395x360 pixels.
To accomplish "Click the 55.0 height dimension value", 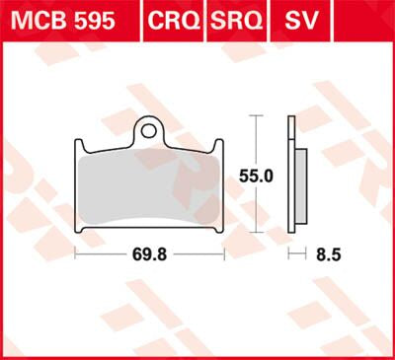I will pyautogui.click(x=260, y=174).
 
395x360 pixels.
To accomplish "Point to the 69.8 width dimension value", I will pyautogui.click(x=151, y=254).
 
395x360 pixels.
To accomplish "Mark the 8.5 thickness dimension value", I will pyautogui.click(x=326, y=254).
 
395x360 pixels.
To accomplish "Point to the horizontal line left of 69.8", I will pyautogui.click(x=104, y=254).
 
